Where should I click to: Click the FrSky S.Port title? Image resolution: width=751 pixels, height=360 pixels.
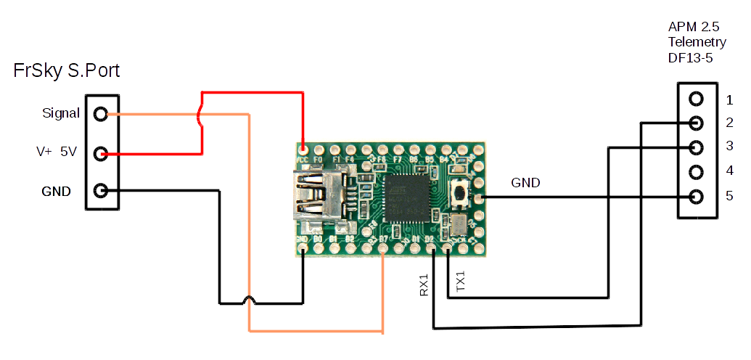click(x=67, y=71)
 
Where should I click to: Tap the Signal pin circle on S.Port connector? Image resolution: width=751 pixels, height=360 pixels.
click(x=101, y=114)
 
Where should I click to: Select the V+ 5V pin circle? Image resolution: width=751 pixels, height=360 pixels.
click(x=101, y=153)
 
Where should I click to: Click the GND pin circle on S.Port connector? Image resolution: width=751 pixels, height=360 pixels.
click(x=101, y=192)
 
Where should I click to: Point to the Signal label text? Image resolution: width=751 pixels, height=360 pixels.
click(x=61, y=113)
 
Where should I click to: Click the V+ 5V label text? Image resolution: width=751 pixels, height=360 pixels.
click(x=57, y=152)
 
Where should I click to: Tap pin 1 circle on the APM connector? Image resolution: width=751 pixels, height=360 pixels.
click(x=696, y=99)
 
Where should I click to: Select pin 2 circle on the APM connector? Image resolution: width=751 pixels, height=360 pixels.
click(x=696, y=123)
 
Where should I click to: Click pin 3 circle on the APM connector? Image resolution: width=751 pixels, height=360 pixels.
click(x=696, y=147)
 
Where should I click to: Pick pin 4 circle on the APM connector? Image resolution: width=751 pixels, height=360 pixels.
click(x=696, y=172)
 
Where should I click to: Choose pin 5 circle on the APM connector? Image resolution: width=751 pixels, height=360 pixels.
click(x=696, y=197)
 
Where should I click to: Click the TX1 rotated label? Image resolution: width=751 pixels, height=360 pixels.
click(x=460, y=282)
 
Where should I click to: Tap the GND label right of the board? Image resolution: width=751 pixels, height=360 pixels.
click(x=525, y=183)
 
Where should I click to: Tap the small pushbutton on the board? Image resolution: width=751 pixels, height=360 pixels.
click(x=459, y=192)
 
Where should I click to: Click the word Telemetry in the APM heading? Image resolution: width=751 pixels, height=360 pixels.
click(x=697, y=43)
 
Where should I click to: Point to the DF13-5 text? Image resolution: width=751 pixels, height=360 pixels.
click(x=691, y=58)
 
